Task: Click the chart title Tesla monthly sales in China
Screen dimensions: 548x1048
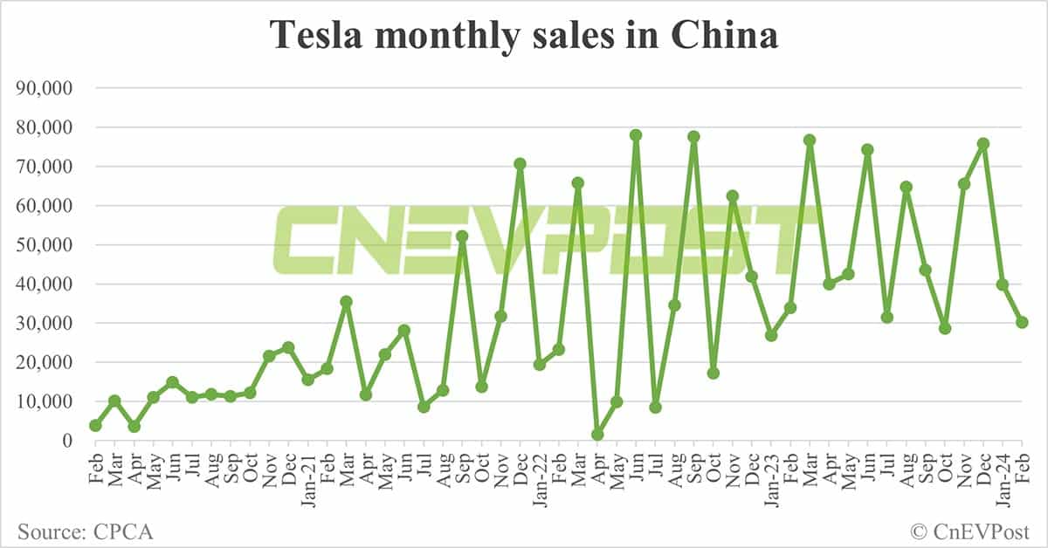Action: click(x=524, y=37)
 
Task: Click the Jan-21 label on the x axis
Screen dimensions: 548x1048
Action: click(x=308, y=475)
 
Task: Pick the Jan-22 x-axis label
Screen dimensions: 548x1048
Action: click(x=540, y=475)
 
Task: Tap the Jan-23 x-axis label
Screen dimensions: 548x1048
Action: click(x=771, y=475)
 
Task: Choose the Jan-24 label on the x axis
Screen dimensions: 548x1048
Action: click(x=1003, y=475)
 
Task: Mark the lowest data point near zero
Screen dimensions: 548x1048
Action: click(x=597, y=435)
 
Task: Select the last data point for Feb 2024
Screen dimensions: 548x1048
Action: click(x=1022, y=322)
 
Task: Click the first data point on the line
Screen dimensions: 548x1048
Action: click(x=95, y=425)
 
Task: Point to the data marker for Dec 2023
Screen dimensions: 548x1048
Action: click(x=983, y=143)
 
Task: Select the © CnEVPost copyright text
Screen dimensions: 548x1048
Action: click(x=970, y=531)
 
